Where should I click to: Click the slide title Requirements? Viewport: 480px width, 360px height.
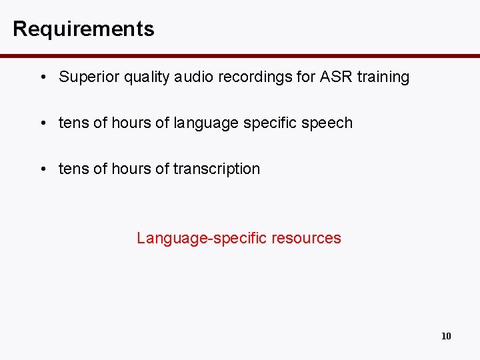(83, 29)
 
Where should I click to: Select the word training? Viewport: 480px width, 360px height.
(383, 77)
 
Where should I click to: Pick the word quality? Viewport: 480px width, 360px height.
(144, 77)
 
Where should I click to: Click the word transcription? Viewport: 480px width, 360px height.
(217, 169)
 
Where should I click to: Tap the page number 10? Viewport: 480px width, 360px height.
(446, 336)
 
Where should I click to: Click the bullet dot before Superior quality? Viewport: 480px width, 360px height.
(42, 77)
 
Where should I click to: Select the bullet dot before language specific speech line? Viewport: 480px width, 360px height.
(42, 123)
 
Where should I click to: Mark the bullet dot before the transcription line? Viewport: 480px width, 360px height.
(42, 169)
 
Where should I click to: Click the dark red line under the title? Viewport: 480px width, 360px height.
(240, 55)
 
